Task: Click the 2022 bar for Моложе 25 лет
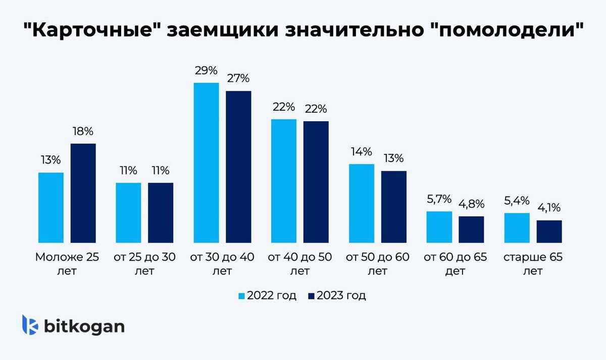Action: pyautogui.click(x=51, y=208)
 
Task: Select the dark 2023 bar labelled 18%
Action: pyautogui.click(x=83, y=193)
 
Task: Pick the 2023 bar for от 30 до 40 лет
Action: pyautogui.click(x=238, y=167)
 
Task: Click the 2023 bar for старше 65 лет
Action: pyautogui.click(x=549, y=231)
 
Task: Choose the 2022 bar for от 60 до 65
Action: pyautogui.click(x=439, y=227)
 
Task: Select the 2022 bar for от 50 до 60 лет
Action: pyautogui.click(x=362, y=203)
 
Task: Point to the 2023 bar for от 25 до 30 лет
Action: pyautogui.click(x=161, y=213)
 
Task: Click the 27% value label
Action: pyautogui.click(x=238, y=78)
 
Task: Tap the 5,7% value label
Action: pyautogui.click(x=439, y=199)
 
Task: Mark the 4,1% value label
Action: pyautogui.click(x=549, y=208)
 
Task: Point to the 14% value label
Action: pyautogui.click(x=362, y=151)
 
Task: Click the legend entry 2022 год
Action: pyautogui.click(x=267, y=295)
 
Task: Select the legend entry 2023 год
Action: pyautogui.click(x=337, y=295)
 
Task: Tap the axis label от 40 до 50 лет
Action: pyautogui.click(x=300, y=264)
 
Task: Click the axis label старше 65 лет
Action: pyautogui.click(x=533, y=264)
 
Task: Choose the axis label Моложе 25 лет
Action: pyautogui.click(x=67, y=264)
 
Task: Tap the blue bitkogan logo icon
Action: pyautogui.click(x=30, y=325)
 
